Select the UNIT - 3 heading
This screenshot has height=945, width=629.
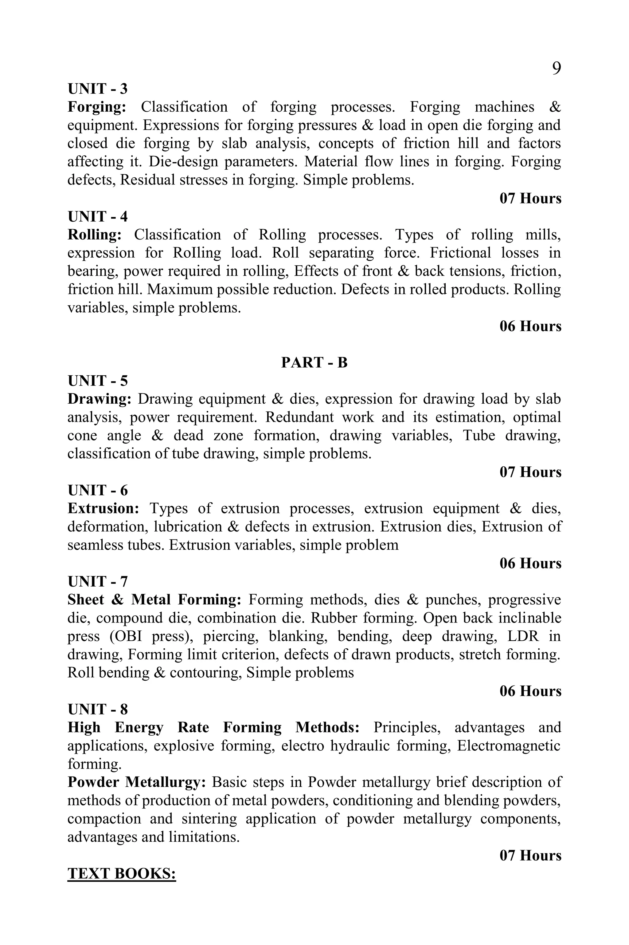click(97, 89)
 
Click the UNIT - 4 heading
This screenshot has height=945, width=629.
click(97, 217)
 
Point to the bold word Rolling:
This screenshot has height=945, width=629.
click(94, 235)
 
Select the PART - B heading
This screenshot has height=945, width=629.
click(314, 362)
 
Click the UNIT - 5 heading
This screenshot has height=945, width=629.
click(97, 381)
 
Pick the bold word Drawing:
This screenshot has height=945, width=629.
click(99, 399)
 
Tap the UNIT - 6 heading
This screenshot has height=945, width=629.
click(97, 491)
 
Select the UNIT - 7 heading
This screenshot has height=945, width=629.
click(97, 582)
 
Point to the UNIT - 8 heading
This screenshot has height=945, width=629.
click(97, 709)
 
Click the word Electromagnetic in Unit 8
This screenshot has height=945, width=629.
click(509, 746)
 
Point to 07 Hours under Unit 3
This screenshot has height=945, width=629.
click(530, 198)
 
